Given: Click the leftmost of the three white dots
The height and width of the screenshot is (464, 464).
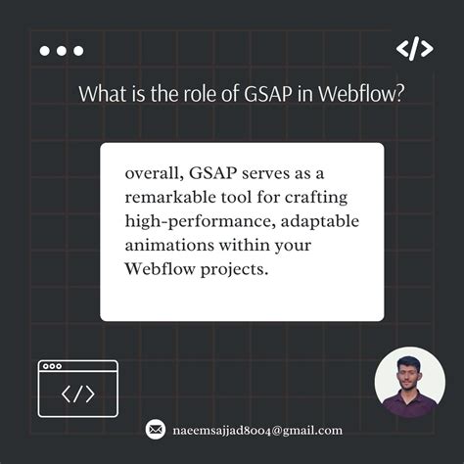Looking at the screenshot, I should pos(45,51).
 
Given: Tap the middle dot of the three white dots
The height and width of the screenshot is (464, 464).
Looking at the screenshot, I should pos(62,51).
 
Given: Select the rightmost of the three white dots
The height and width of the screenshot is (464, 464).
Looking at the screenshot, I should pos(78,51).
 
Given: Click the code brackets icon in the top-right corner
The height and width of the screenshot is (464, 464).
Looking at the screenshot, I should pos(413,50).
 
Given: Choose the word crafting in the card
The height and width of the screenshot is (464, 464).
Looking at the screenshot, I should pos(317,198).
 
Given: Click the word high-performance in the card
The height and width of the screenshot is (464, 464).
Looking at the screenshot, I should pos(187,221).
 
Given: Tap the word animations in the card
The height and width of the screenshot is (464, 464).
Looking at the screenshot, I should pos(165,245).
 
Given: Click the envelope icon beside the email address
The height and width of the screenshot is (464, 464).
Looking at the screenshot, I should pos(155,430).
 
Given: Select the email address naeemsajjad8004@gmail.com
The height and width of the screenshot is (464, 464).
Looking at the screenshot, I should pos(256,430).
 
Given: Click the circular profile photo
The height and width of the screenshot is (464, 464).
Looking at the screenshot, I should pos(409,383).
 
